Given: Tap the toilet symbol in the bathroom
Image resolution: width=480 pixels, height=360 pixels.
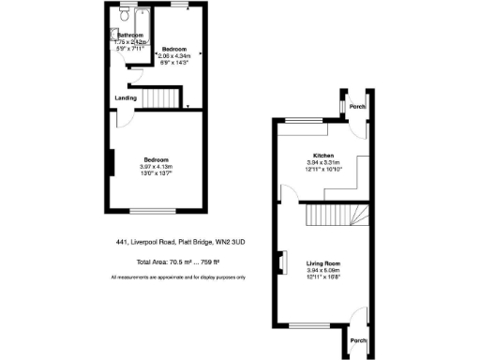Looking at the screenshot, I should (125, 16).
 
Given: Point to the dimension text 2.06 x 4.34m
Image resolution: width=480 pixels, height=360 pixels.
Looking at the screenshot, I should (174, 55).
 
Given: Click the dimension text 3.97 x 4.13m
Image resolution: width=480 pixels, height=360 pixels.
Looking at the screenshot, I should (156, 167).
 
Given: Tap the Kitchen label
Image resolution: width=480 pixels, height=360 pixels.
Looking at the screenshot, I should (323, 155).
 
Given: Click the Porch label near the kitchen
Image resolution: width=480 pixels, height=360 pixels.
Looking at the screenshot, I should (356, 106).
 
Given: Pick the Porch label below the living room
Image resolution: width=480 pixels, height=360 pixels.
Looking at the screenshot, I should (356, 339).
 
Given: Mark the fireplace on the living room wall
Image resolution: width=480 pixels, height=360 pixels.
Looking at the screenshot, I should (278, 264).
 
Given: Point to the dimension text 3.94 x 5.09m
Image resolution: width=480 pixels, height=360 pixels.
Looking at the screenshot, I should (323, 271).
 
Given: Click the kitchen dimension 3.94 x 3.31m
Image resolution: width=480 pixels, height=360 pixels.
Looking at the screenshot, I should (323, 161).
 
